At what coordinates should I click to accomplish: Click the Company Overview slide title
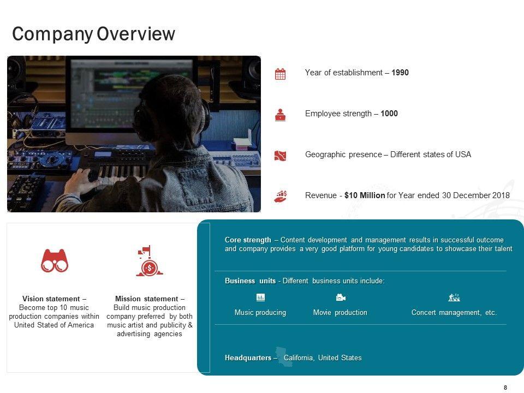(x=93, y=34)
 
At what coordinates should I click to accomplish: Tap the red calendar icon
(x=280, y=74)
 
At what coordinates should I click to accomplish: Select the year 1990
(x=400, y=73)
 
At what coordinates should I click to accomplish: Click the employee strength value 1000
(x=389, y=114)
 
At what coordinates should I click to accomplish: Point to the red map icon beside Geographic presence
(x=280, y=156)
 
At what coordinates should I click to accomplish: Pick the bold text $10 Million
(x=365, y=195)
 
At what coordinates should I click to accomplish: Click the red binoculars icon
(x=55, y=261)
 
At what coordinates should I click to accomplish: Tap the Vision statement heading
(x=54, y=299)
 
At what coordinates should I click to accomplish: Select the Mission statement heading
(x=150, y=299)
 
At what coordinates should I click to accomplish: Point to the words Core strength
(x=248, y=240)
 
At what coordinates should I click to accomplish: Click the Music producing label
(x=260, y=312)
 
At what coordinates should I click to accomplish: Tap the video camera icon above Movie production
(x=341, y=297)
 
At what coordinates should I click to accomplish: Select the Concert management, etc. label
(x=454, y=312)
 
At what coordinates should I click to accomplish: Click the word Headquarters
(x=248, y=358)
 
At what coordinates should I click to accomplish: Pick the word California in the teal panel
(x=299, y=358)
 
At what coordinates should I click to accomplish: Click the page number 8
(x=505, y=388)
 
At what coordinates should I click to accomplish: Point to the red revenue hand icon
(x=281, y=196)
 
